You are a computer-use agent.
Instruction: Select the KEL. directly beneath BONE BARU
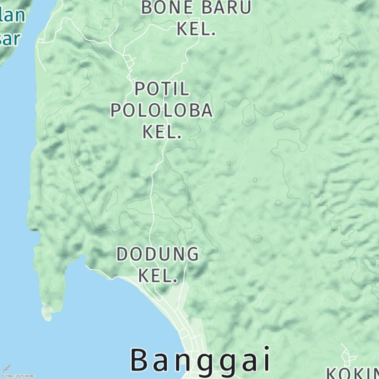tap(196, 29)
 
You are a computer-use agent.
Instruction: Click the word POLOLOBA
tap(162, 110)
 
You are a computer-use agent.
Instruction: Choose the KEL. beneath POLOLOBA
tap(162, 132)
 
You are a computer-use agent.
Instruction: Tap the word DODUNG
tap(158, 254)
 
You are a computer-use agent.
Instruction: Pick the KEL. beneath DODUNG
tap(158, 275)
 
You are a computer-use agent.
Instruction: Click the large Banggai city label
tap(200, 360)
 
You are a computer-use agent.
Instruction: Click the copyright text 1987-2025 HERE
tap(18, 376)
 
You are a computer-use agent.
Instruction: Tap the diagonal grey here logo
tap(7, 368)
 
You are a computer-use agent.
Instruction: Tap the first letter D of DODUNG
tap(122, 254)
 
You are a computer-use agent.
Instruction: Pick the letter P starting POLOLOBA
tap(116, 110)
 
